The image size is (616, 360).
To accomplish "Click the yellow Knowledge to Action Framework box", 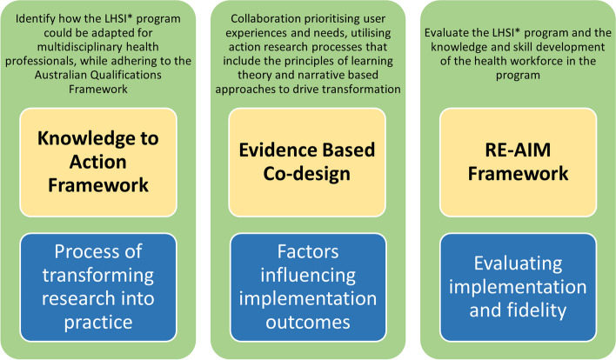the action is (98, 162).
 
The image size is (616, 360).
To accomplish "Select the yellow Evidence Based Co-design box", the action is (307, 162).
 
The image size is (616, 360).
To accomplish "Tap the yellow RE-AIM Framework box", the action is (519, 162).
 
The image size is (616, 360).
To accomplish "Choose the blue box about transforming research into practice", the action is (98, 287).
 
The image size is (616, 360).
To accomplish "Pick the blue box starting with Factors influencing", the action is (308, 287).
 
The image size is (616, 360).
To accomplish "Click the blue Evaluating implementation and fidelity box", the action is (519, 287).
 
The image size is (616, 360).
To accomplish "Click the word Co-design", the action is (307, 174).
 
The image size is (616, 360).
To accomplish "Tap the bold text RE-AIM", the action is (518, 150).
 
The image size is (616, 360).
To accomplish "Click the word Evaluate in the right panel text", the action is (443, 33).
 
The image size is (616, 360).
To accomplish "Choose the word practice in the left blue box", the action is (98, 323).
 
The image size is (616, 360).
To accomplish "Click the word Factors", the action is (308, 252).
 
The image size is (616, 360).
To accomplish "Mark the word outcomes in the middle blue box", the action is (308, 323).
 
